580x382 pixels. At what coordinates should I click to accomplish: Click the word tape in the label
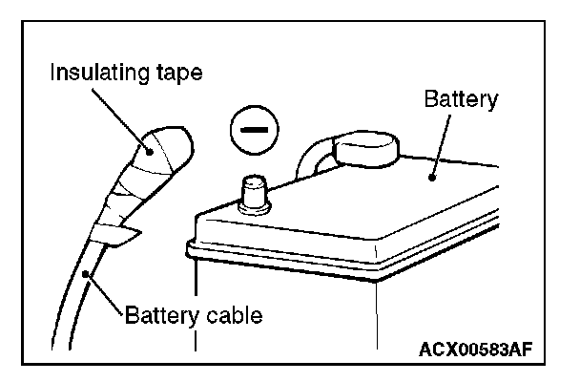[176, 74]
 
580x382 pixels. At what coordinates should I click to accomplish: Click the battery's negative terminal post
[253, 195]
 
